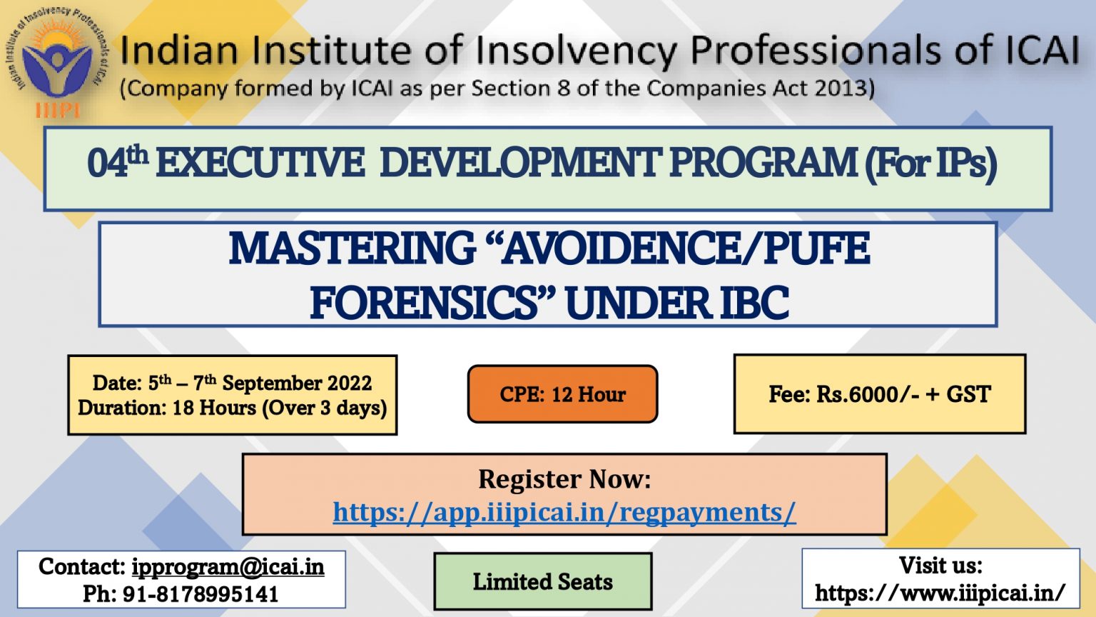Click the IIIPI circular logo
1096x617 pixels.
pos(57,61)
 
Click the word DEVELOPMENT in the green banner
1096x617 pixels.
pos(519,164)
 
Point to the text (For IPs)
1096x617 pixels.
pos(930,165)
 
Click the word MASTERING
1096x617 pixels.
pos(352,249)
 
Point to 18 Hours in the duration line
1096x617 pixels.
pos(214,408)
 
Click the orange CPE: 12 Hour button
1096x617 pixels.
pos(563,393)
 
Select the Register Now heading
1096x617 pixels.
pos(564,479)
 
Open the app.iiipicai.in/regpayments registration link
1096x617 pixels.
pos(564,513)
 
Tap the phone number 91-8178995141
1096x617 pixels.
pos(200,594)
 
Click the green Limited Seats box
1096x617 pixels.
pos(543,582)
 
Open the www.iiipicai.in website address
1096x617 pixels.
pos(940,593)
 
